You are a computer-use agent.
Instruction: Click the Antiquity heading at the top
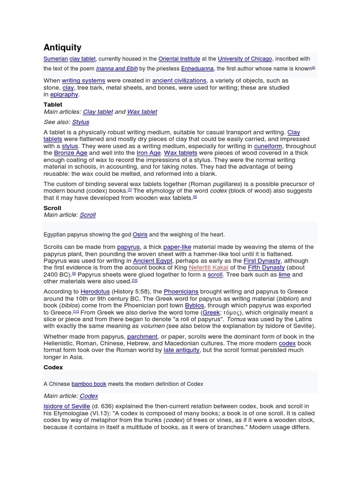coord(62,47)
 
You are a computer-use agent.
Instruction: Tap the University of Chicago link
coord(245,59)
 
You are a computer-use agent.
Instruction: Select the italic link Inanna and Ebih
coord(117,68)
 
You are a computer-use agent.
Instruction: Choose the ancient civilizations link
coord(179,81)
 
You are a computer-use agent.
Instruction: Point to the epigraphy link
coord(64,94)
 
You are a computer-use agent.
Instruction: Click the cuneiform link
coord(268,146)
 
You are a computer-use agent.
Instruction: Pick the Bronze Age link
coord(71,153)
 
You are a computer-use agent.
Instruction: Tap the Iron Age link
coord(149,153)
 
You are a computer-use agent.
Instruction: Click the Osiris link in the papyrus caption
coord(140,234)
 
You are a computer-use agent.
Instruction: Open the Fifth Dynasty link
coord(266,268)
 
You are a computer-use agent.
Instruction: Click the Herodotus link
coord(95,292)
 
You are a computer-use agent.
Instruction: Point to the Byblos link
coord(195,306)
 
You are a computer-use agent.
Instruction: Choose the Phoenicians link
coord(181,292)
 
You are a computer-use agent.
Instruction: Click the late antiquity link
coord(181,350)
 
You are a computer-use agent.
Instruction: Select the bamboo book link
coord(89,384)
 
